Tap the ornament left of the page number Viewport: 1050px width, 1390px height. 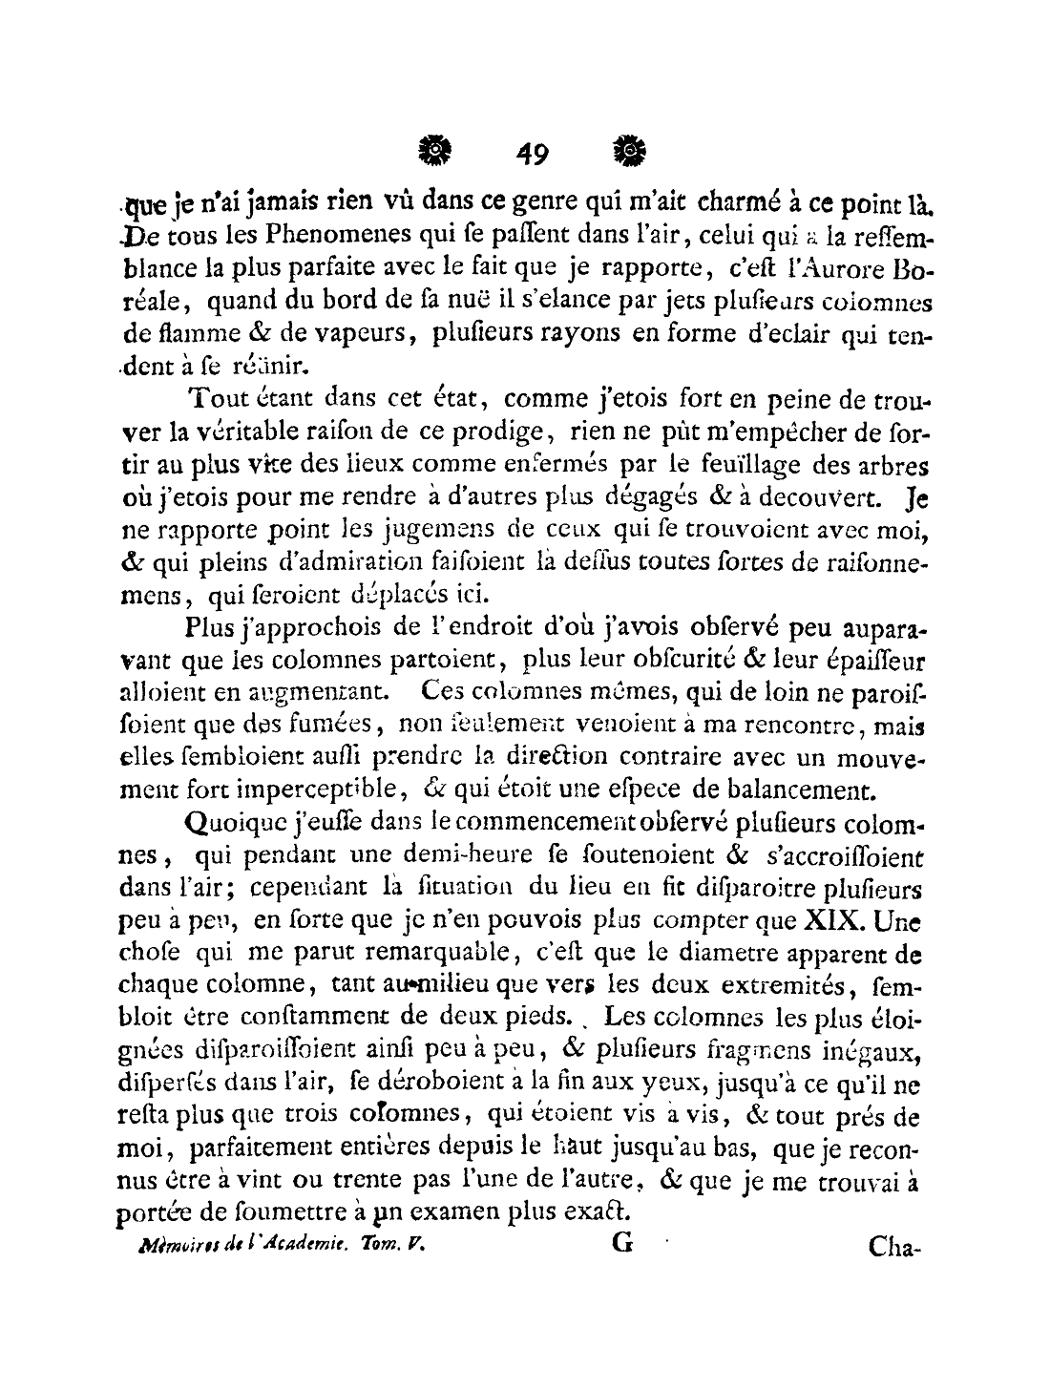click(x=434, y=149)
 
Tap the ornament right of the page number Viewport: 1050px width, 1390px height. click(x=629, y=149)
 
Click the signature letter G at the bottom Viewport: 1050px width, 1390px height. click(x=620, y=1245)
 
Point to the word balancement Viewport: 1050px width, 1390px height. click(x=791, y=790)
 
